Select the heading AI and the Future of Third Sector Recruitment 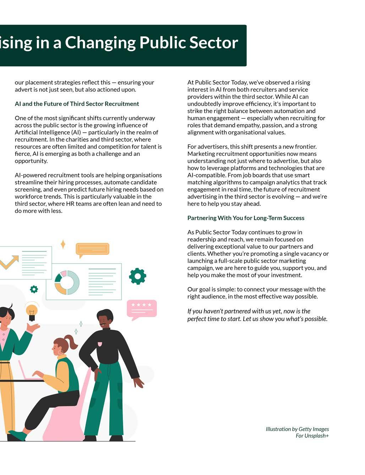coord(77,104)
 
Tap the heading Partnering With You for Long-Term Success coord(246,218)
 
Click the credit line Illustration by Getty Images coord(297,429)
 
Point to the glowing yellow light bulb coord(32,311)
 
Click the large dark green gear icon coord(137,276)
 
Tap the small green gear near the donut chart coord(34,289)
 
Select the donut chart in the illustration coord(67,282)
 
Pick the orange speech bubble coord(92,249)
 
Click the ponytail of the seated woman coord(72,342)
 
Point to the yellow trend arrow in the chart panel coord(9,262)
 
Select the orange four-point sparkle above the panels coord(63,244)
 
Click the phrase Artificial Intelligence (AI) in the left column coord(48,132)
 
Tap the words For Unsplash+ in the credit coord(312,436)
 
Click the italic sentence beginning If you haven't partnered coord(257,315)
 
